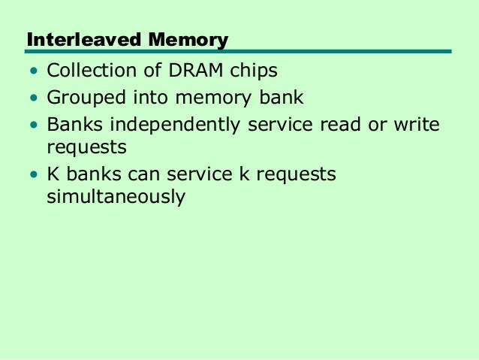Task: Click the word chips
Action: [x=253, y=72]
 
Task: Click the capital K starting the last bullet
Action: [x=53, y=174]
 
